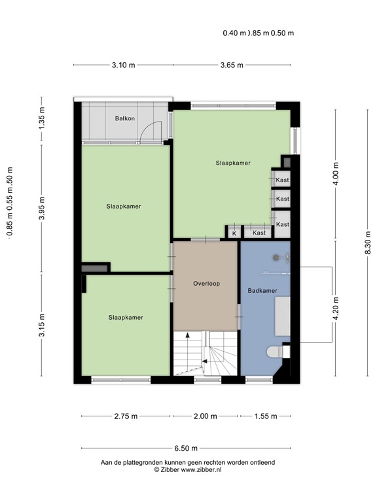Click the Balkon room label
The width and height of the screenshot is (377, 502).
(125, 118)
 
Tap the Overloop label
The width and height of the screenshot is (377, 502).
(206, 284)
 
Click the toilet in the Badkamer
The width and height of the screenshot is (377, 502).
(279, 352)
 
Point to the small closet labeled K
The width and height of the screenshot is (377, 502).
(234, 233)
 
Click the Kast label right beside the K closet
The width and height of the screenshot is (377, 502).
(259, 233)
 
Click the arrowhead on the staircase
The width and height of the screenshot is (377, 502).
(188, 335)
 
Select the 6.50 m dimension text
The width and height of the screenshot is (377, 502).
(187, 448)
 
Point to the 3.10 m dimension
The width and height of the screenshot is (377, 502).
(123, 65)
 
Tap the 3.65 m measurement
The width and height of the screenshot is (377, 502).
(231, 65)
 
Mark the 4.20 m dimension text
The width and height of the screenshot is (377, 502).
(336, 308)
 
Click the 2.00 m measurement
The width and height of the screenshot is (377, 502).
(206, 416)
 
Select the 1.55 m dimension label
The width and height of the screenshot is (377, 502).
(264, 416)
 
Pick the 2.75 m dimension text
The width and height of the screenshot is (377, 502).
(126, 416)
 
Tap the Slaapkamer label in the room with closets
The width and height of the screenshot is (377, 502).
(233, 163)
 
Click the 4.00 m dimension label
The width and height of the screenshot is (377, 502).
(336, 174)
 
